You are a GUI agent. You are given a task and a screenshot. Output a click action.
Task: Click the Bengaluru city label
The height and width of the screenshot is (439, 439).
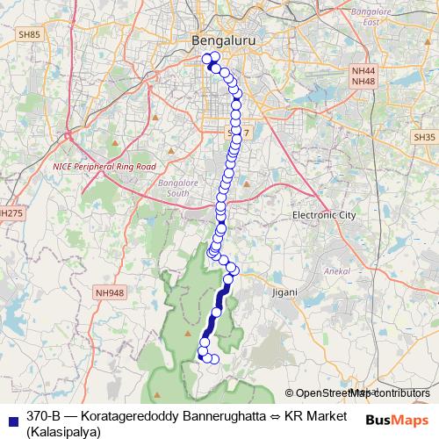point(218,40)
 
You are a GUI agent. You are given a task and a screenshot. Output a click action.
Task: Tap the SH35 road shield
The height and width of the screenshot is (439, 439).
point(424,137)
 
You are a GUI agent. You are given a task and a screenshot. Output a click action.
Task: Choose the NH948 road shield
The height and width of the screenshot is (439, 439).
point(112,293)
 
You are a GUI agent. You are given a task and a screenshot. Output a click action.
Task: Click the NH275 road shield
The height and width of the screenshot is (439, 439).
point(11,212)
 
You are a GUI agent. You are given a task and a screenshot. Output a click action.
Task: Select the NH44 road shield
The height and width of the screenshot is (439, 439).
point(362,70)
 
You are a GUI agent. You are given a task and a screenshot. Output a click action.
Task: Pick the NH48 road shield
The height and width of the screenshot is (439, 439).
point(362,82)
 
